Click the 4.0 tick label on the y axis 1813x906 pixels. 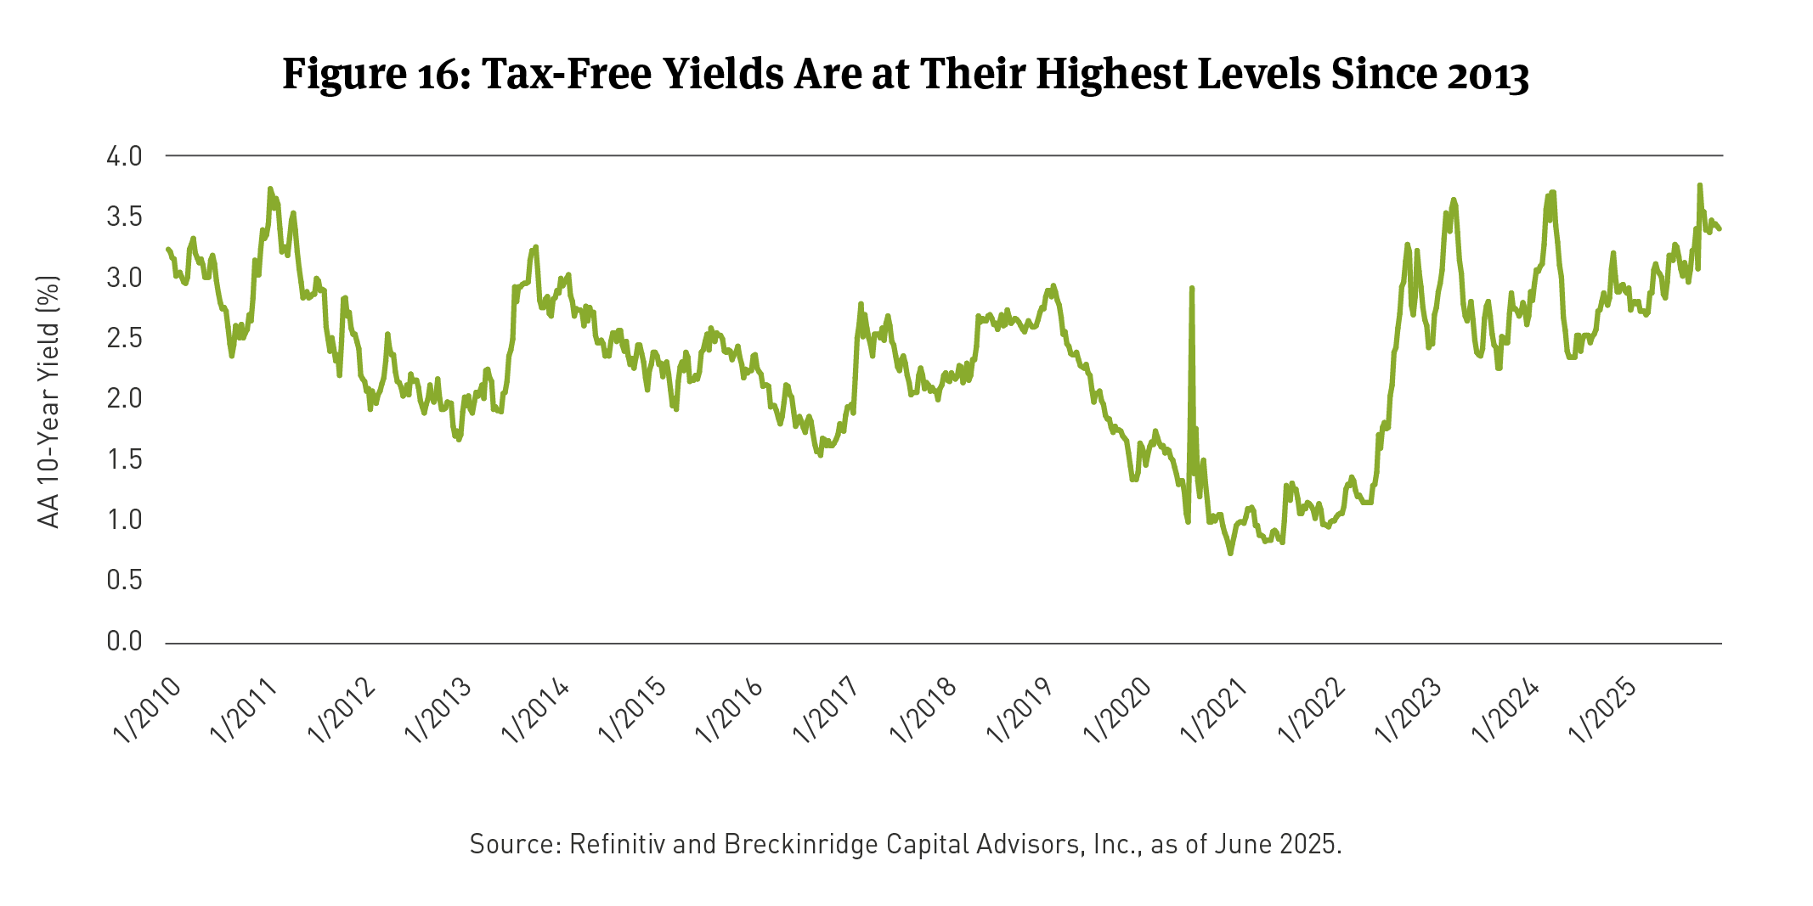point(124,156)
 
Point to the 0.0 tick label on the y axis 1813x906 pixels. point(124,641)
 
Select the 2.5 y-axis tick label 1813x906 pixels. point(124,338)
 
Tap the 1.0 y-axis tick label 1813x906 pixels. point(124,520)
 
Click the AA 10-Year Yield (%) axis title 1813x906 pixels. point(49,401)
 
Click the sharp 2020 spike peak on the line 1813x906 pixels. point(1192,288)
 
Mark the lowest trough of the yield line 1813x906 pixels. point(1230,554)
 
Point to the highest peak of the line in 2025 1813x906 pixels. point(1699,184)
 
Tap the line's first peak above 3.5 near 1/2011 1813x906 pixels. point(270,189)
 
